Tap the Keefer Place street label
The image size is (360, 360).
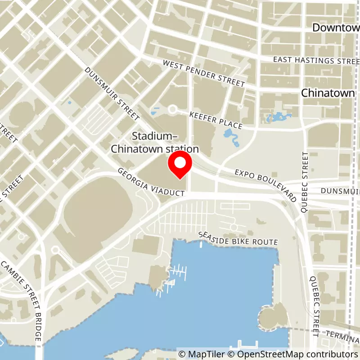[216, 120]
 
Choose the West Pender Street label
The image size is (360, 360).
[204, 74]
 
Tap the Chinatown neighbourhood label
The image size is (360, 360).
[328, 93]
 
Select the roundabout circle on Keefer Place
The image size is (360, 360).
[172, 109]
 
